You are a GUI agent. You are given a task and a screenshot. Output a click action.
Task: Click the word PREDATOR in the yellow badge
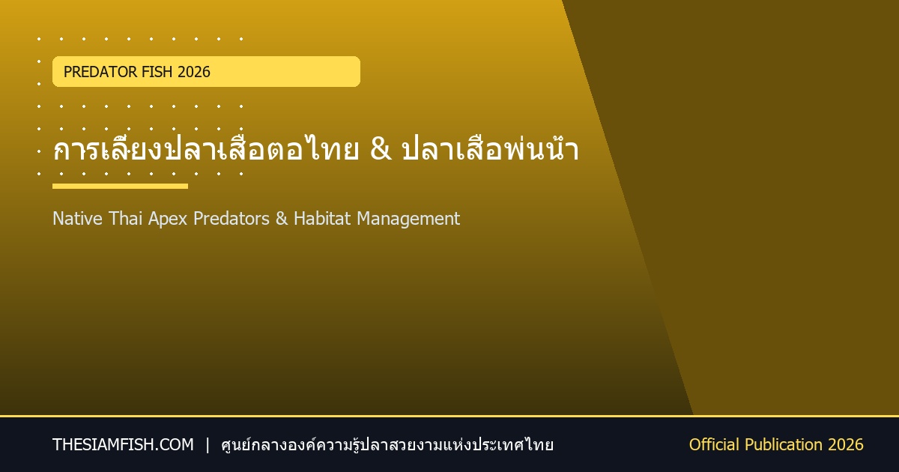(x=100, y=72)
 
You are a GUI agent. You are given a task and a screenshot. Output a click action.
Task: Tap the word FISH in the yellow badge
(x=157, y=72)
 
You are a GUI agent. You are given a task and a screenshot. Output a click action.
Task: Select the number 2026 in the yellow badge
(x=194, y=72)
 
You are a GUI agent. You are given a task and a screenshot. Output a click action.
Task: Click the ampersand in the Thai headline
(x=381, y=149)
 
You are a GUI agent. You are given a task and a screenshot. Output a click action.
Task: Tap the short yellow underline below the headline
(x=120, y=187)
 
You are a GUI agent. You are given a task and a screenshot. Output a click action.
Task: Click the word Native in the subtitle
(x=77, y=219)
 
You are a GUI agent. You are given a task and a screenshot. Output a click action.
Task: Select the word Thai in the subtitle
(x=126, y=219)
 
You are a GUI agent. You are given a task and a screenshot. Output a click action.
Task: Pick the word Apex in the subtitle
(x=168, y=220)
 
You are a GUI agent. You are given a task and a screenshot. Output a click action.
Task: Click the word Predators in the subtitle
(x=231, y=219)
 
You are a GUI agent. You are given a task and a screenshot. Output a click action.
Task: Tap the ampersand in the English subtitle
(x=282, y=219)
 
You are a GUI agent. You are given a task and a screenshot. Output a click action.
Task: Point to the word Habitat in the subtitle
(x=322, y=219)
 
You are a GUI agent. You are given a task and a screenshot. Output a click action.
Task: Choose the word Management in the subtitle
(x=408, y=220)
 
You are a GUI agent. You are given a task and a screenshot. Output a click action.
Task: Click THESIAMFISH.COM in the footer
(x=123, y=445)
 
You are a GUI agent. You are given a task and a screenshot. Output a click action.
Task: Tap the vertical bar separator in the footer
(x=208, y=445)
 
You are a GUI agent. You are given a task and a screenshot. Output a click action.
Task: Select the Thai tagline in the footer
(x=387, y=445)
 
